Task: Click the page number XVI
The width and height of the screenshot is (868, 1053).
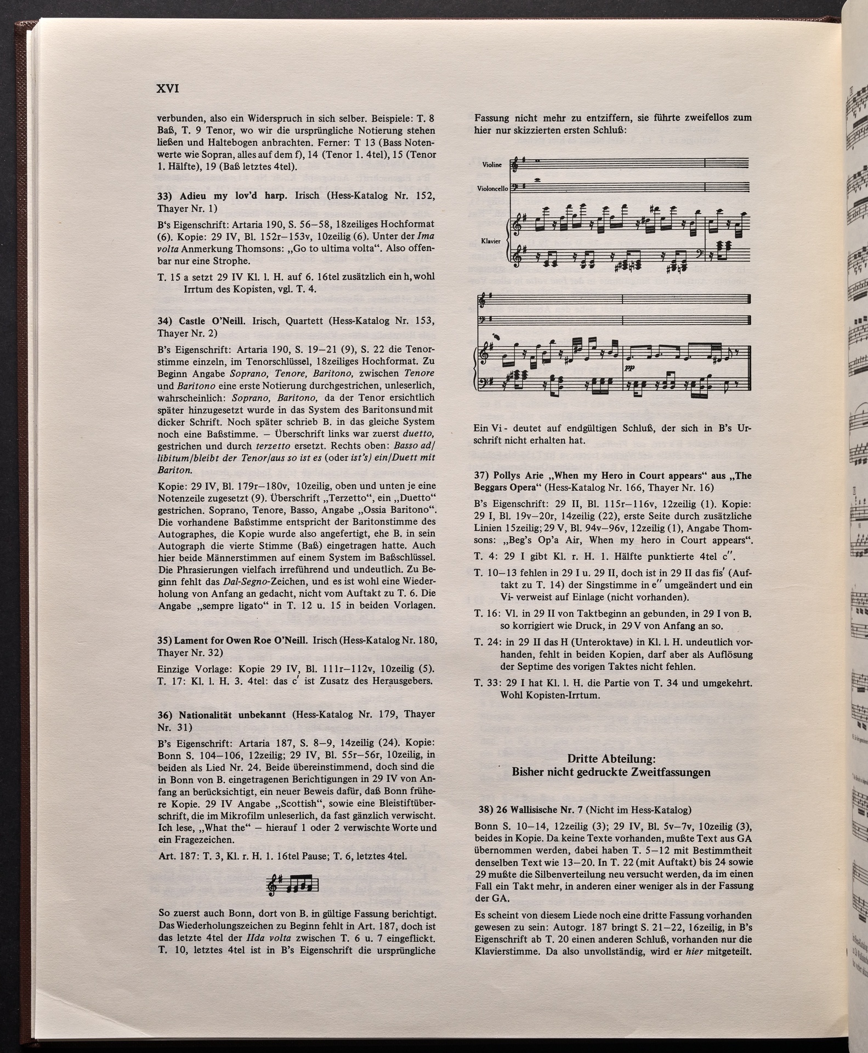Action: pyautogui.click(x=168, y=89)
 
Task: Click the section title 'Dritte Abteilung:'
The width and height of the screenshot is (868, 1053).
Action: pyautogui.click(x=611, y=759)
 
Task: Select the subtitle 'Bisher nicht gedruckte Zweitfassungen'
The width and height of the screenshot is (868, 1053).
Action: pyautogui.click(x=611, y=772)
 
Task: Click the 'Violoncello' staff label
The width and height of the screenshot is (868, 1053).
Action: pyautogui.click(x=492, y=189)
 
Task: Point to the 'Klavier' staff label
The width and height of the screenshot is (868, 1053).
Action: pyautogui.click(x=491, y=241)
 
